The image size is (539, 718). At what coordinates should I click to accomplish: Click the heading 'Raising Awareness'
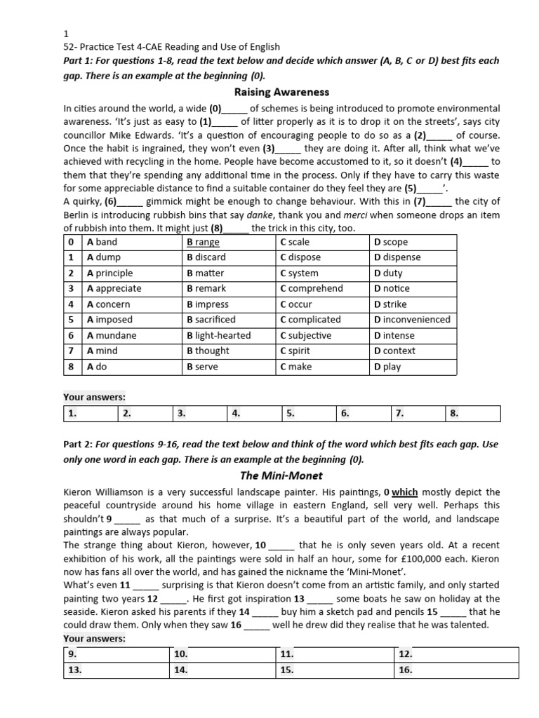pos(281,92)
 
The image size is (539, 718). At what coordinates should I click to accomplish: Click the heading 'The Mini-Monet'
pos(280,475)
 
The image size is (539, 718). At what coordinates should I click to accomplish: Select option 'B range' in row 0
pos(203,242)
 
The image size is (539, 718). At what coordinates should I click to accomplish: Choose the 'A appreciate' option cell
pos(114,288)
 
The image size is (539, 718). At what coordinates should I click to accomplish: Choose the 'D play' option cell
pos(387,367)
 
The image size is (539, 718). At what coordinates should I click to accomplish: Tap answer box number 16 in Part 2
pos(455,670)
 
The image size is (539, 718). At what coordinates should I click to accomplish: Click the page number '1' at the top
pos(66,34)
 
